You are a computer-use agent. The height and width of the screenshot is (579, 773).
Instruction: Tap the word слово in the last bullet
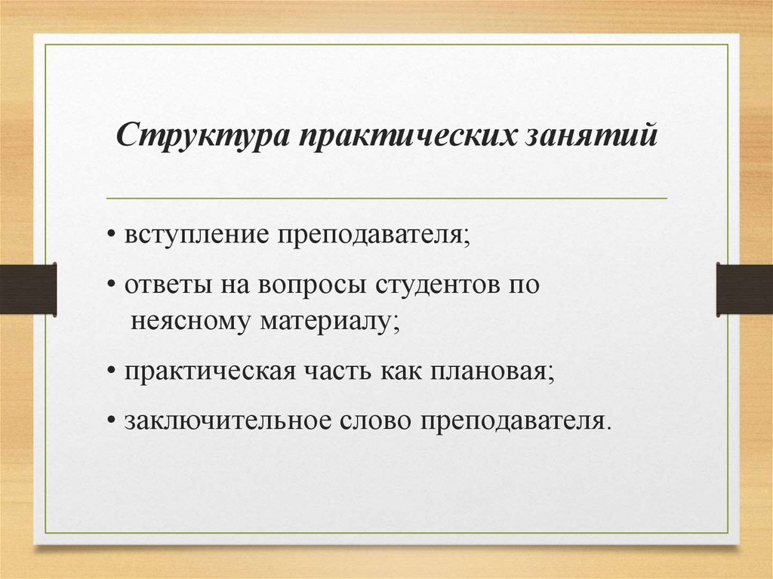[x=373, y=420]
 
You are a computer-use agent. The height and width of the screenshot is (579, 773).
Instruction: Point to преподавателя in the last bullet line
[x=516, y=420]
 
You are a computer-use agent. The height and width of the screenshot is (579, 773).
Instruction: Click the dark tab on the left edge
[x=28, y=288]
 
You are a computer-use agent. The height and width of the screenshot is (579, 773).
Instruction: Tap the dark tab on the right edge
[x=744, y=288]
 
